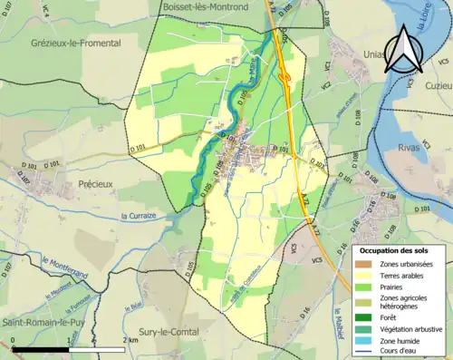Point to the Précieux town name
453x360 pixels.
tap(81, 181)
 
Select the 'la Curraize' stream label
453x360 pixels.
tap(140, 215)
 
